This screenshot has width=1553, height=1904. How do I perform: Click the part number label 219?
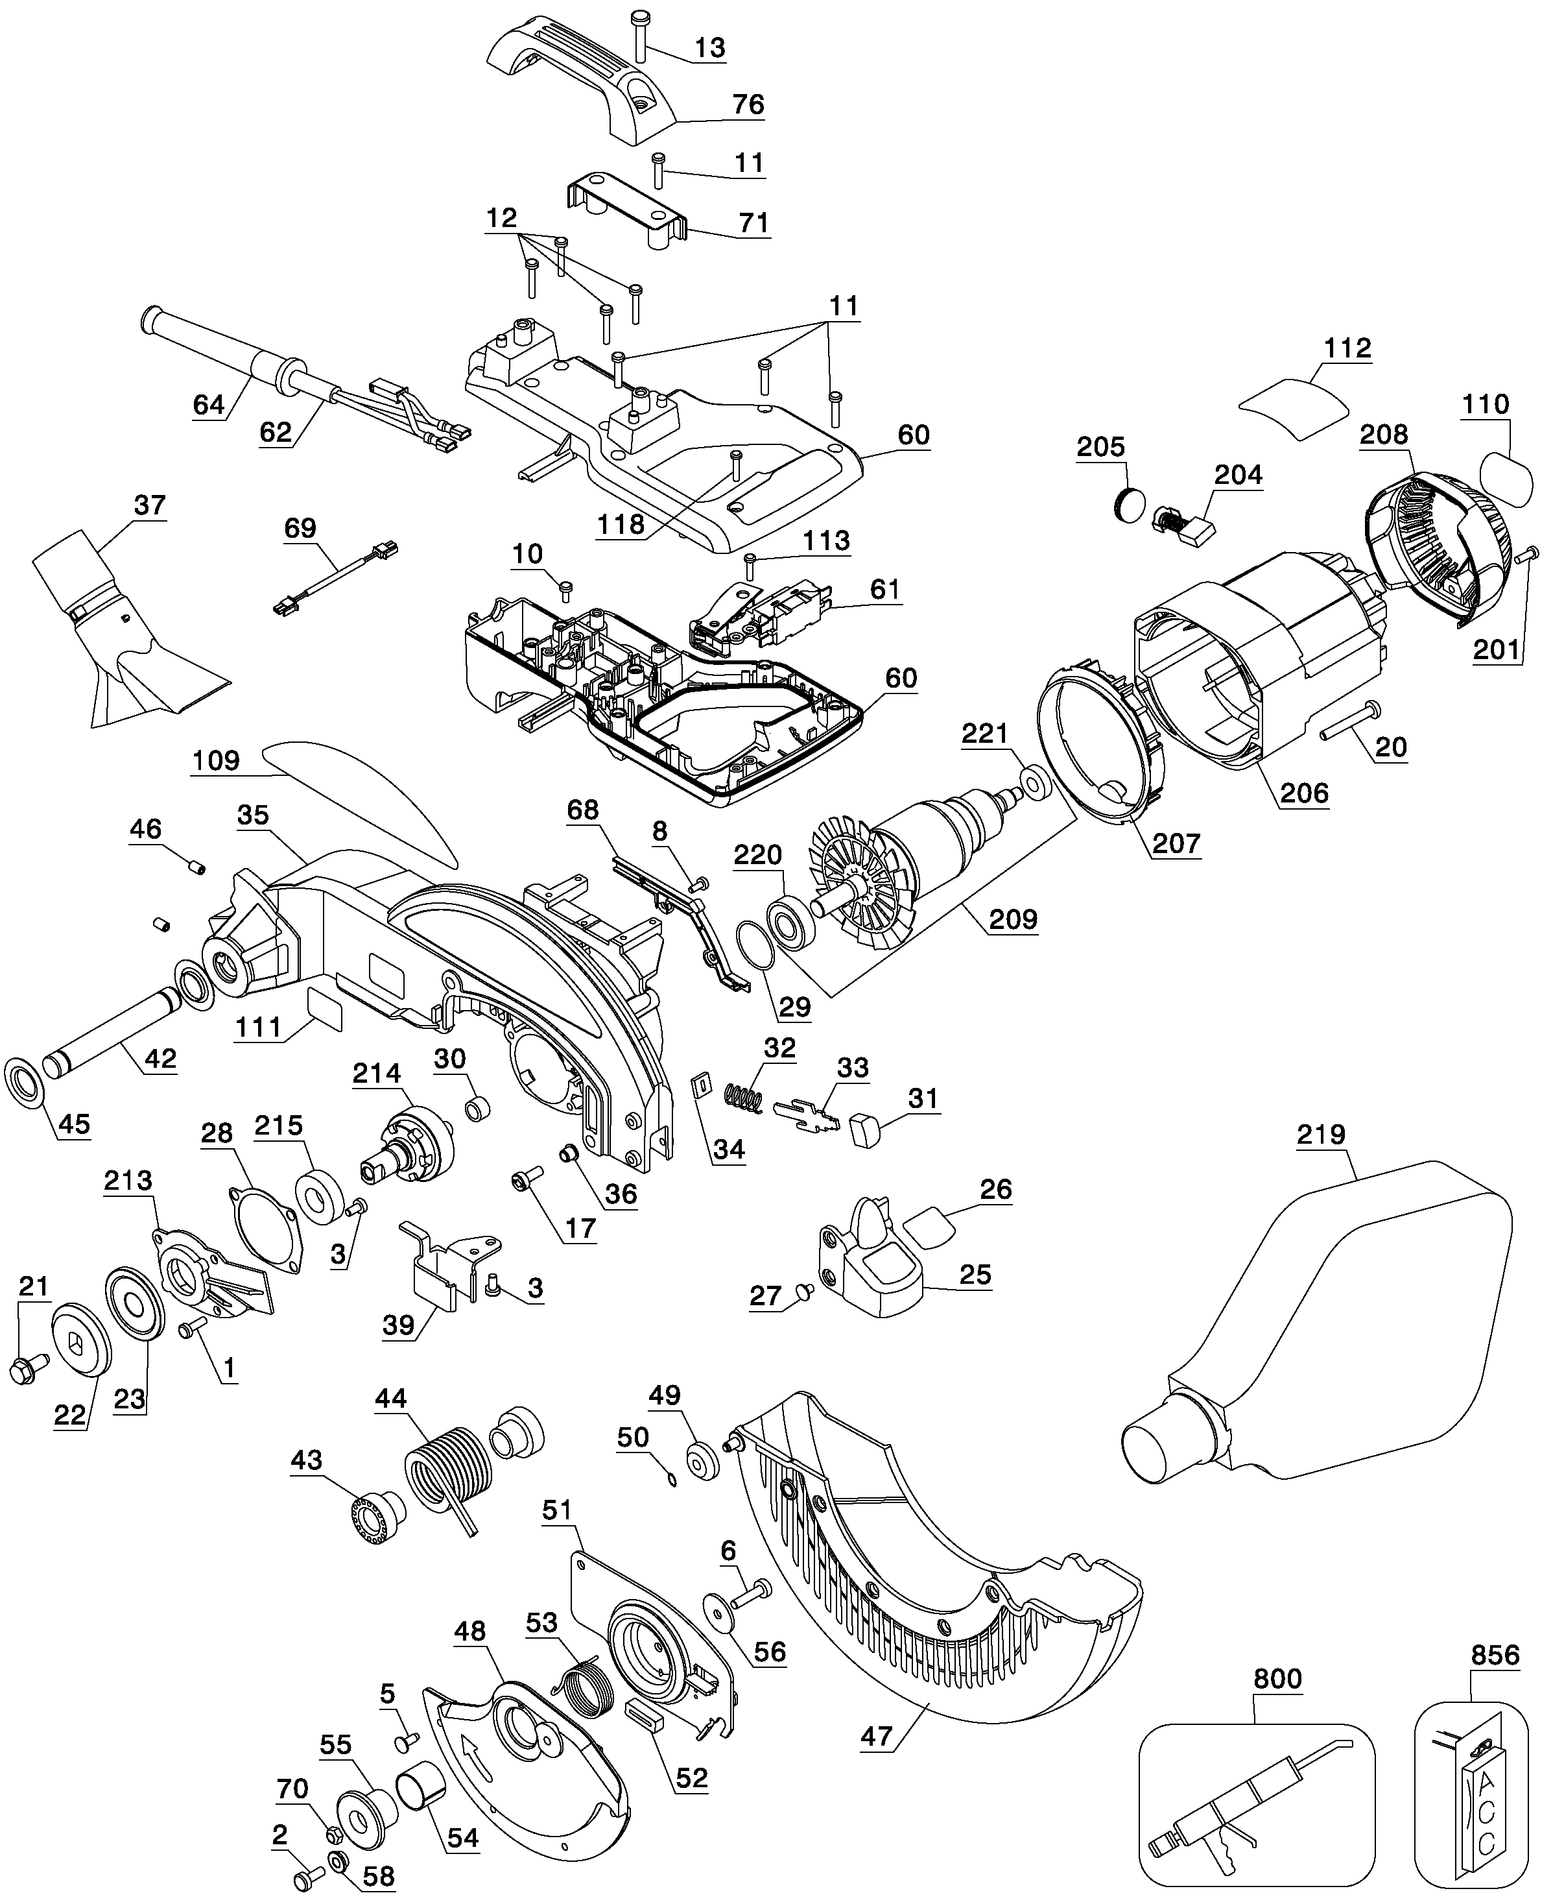point(1322,1135)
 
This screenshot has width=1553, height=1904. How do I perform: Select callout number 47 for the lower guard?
point(877,1736)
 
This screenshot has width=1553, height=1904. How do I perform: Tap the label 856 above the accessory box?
point(1495,1656)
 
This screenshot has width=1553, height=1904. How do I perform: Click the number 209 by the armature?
point(1013,919)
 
